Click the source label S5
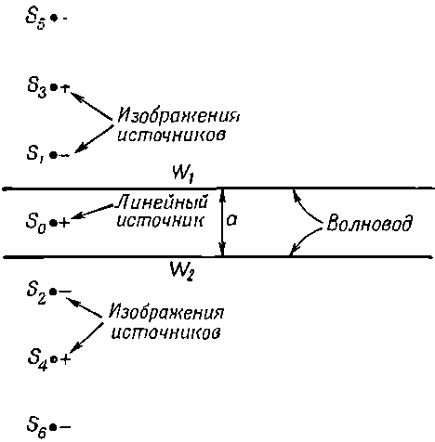pyautogui.click(x=36, y=19)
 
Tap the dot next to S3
pyautogui.click(x=54, y=88)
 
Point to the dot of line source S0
pyautogui.click(x=54, y=222)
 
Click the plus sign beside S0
pyautogui.click(x=64, y=223)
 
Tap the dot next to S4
pyautogui.click(x=54, y=359)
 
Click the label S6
pyautogui.click(x=37, y=428)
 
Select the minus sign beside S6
pyautogui.click(x=65, y=427)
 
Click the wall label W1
pyautogui.click(x=184, y=175)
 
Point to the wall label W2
pyautogui.click(x=182, y=270)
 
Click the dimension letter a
pyautogui.click(x=232, y=220)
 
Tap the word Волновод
pyautogui.click(x=370, y=223)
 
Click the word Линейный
pyautogui.click(x=161, y=203)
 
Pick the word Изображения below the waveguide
pyautogui.click(x=166, y=312)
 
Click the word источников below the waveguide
pyautogui.click(x=166, y=332)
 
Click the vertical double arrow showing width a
pyautogui.click(x=222, y=222)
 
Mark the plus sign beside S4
pyautogui.click(x=65, y=359)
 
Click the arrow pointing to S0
pyautogui.click(x=92, y=212)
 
